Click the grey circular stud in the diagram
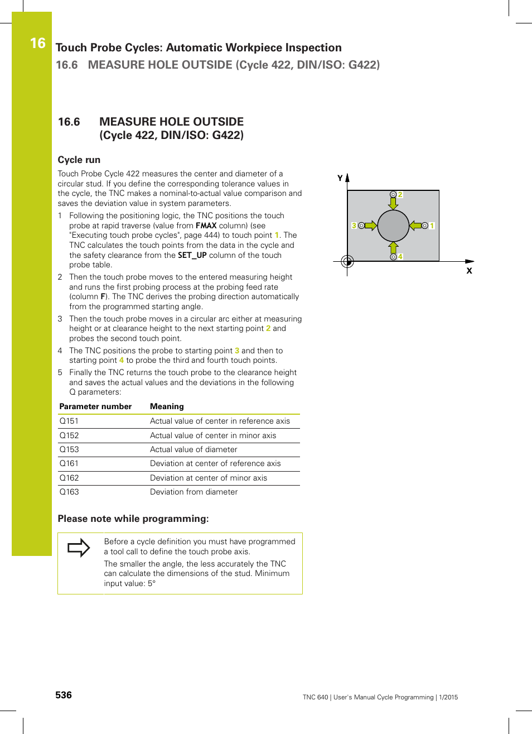[393, 226]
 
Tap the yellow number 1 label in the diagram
[432, 226]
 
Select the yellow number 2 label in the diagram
[400, 195]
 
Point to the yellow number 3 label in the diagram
[354, 226]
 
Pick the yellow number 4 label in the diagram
[400, 257]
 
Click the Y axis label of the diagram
[340, 178]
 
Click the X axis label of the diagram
[469, 271]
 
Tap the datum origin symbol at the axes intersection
[347, 261]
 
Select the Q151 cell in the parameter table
[69, 421]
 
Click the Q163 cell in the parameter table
[69, 492]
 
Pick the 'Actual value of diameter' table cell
[194, 449]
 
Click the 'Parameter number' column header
[95, 406]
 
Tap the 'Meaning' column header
[167, 406]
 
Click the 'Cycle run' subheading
[79, 160]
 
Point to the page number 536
[64, 695]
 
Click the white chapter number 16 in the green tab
[38, 43]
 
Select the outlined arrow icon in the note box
[79, 548]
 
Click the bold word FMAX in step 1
[206, 226]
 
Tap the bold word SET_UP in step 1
[192, 255]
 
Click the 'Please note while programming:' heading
[133, 519]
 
